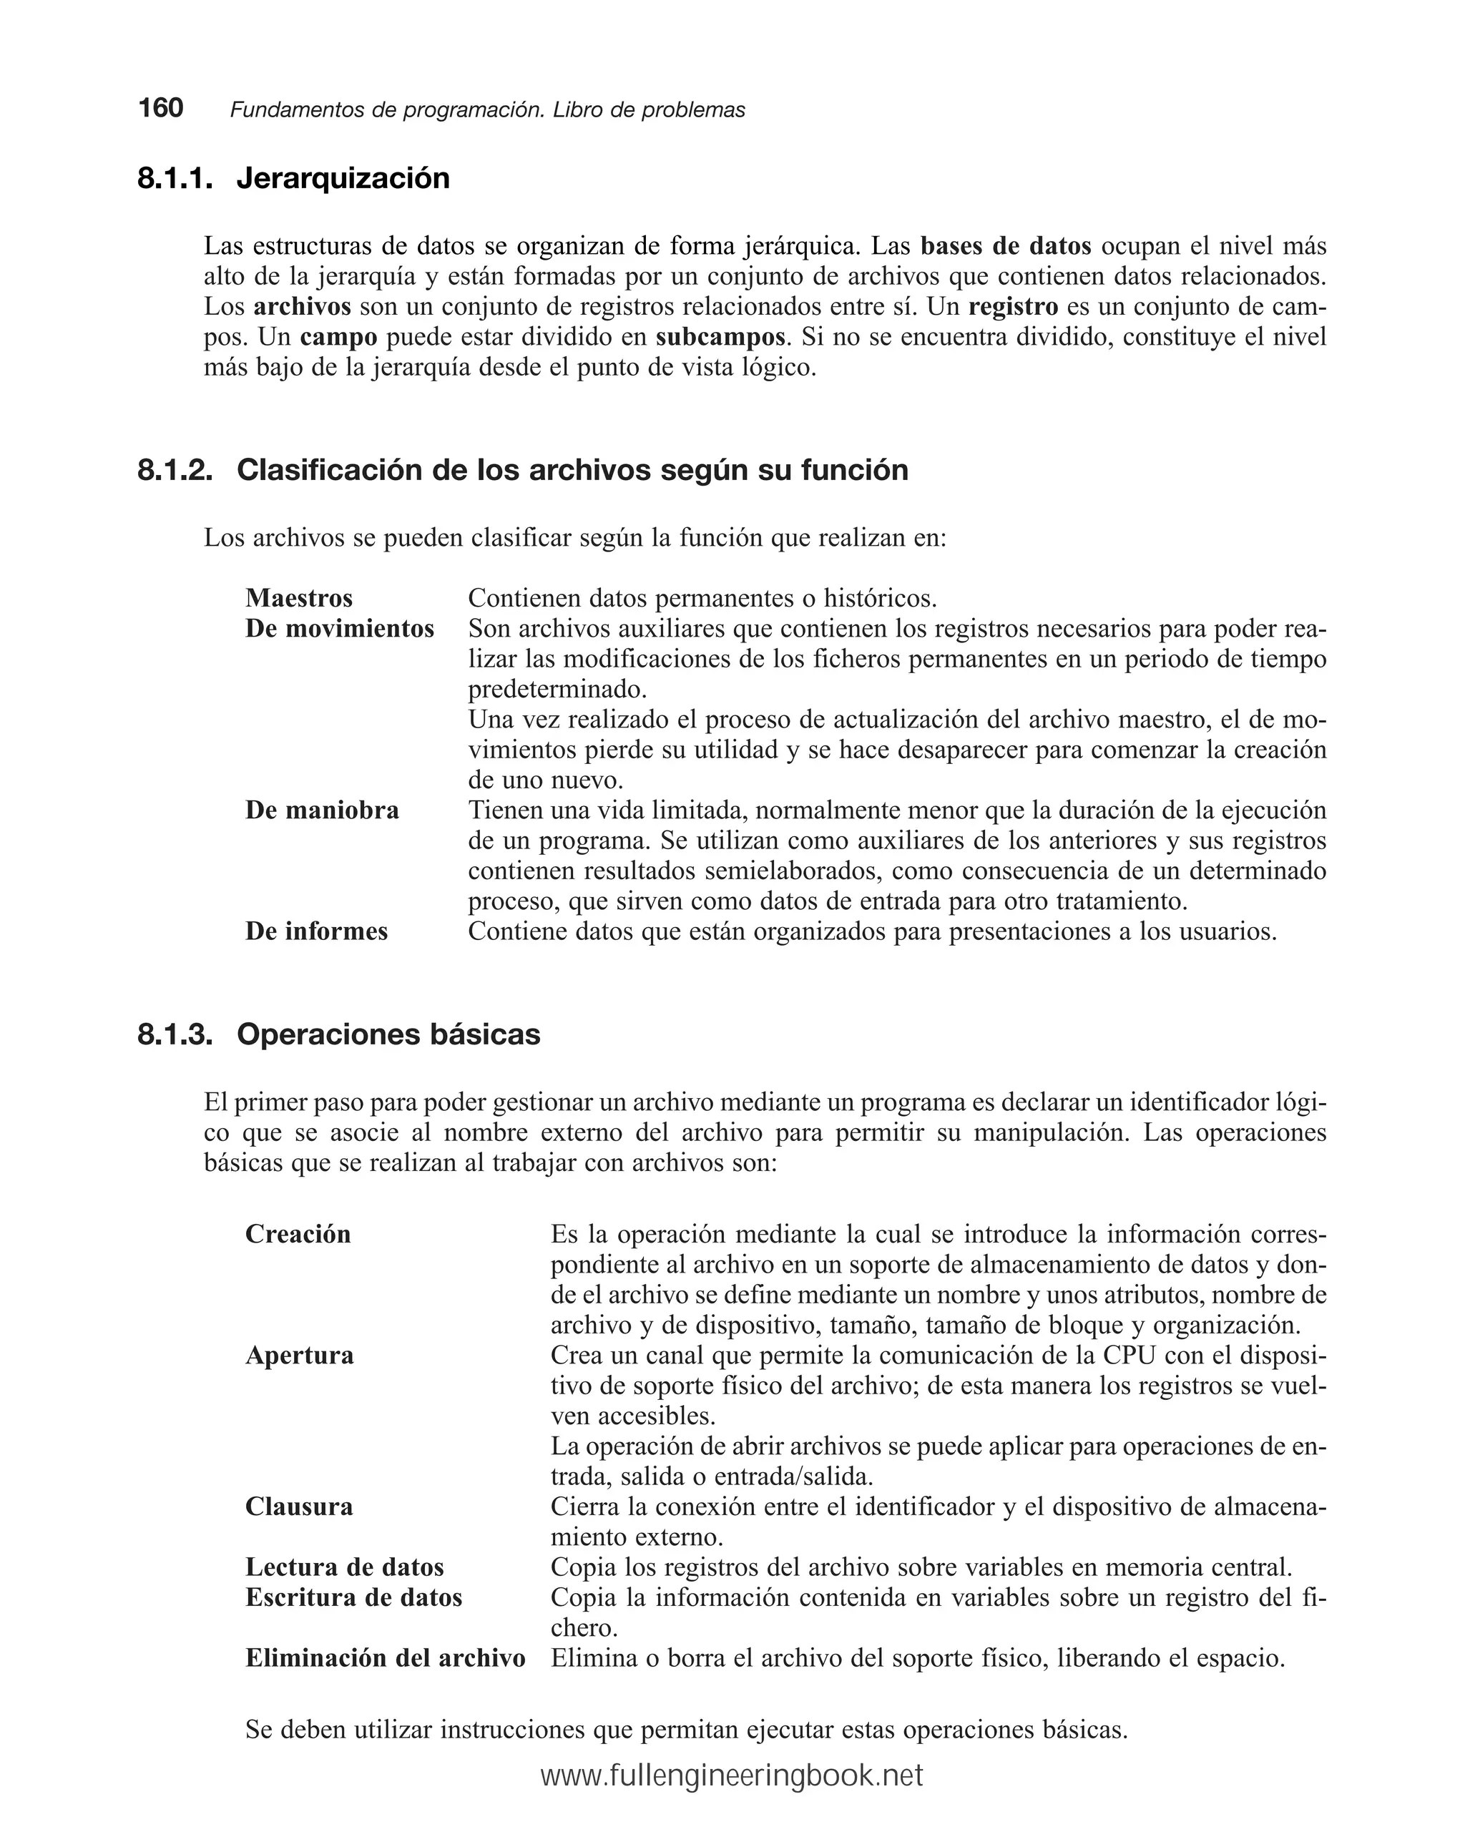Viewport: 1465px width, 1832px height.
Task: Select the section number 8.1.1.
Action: [175, 178]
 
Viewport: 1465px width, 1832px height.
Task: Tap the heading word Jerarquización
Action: [343, 178]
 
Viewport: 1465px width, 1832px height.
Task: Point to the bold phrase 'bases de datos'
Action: [1005, 246]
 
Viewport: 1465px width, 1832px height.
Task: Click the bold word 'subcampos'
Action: [720, 338]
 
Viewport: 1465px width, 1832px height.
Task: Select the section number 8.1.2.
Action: [175, 470]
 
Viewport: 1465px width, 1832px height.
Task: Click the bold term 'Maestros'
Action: [298, 598]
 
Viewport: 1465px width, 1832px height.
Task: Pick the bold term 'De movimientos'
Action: [339, 629]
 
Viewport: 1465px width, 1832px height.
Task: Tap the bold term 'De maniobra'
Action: [322, 810]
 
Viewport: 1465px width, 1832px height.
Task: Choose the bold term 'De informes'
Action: [316, 931]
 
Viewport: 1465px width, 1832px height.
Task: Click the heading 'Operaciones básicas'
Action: [388, 1034]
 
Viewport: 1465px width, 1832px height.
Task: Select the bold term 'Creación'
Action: [298, 1234]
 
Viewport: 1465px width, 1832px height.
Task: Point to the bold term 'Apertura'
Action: [299, 1356]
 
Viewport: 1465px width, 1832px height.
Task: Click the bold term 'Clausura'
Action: [298, 1507]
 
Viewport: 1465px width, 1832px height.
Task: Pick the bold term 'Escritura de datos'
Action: [353, 1597]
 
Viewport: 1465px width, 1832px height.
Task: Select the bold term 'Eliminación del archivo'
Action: [385, 1657]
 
